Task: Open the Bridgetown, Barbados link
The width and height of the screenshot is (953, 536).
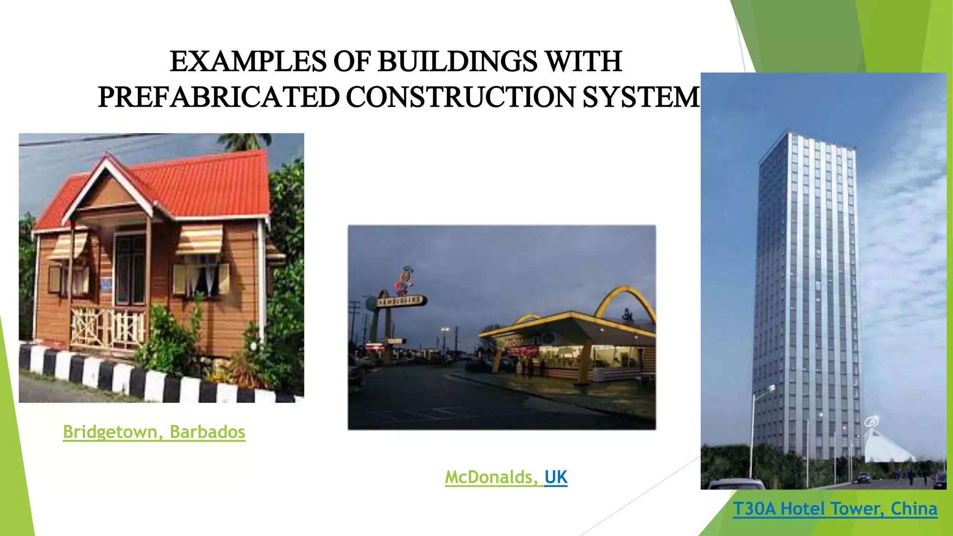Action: (x=154, y=432)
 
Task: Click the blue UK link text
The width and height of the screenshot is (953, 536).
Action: (x=556, y=477)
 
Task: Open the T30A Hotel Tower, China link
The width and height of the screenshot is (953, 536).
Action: (x=835, y=509)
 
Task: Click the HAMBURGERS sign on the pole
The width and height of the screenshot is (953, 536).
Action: (x=401, y=301)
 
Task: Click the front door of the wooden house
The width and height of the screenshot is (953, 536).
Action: (x=131, y=270)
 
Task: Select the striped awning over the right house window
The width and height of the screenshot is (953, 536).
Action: (x=199, y=239)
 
